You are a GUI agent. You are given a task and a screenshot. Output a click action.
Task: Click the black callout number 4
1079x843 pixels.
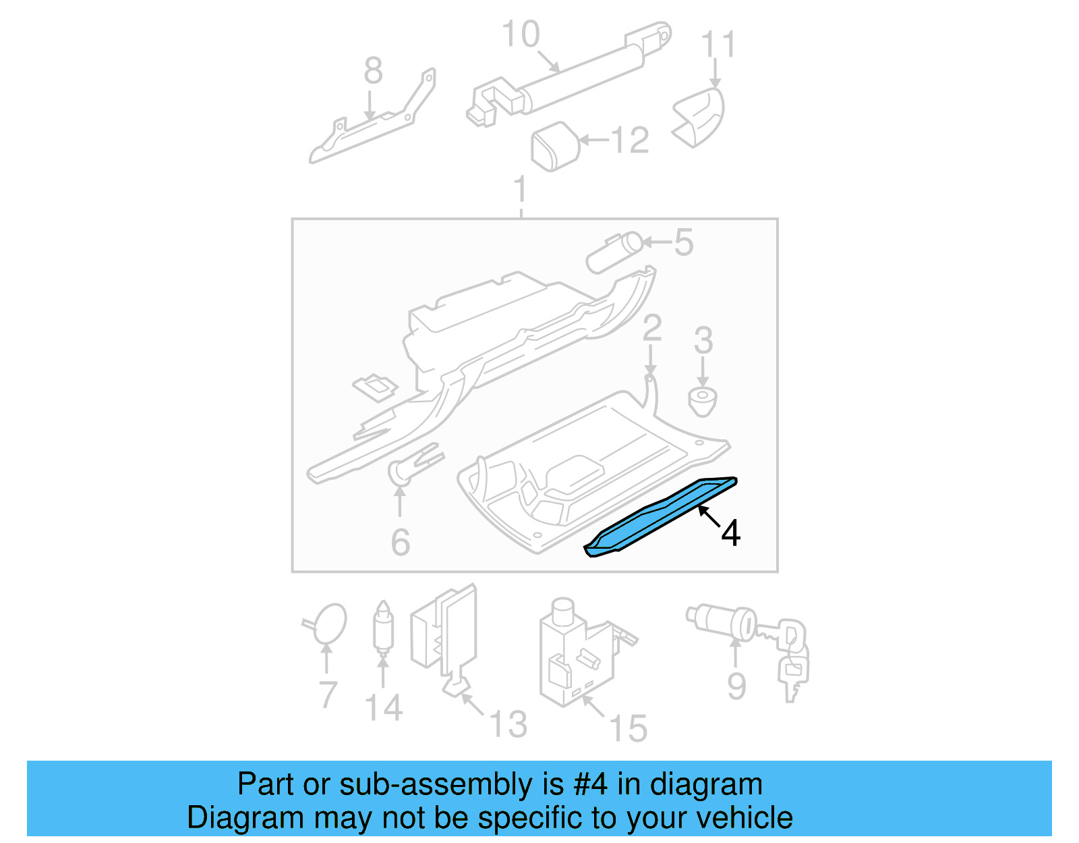coord(731,533)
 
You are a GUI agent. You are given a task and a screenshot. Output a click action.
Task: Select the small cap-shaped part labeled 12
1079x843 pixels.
coord(556,146)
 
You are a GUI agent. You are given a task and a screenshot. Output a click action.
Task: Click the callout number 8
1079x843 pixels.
coord(373,70)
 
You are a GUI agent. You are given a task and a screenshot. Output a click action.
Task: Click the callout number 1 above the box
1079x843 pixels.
coord(520,190)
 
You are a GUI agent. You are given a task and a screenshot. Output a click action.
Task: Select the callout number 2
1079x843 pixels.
coord(651,328)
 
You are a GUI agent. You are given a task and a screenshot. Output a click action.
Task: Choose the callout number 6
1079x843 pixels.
coord(401,542)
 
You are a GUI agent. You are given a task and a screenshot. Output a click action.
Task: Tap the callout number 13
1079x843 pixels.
coord(508,724)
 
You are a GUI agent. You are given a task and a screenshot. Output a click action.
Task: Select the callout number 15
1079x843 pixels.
coord(628,729)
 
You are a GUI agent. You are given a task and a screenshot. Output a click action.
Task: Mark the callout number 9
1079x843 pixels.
coord(736,686)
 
